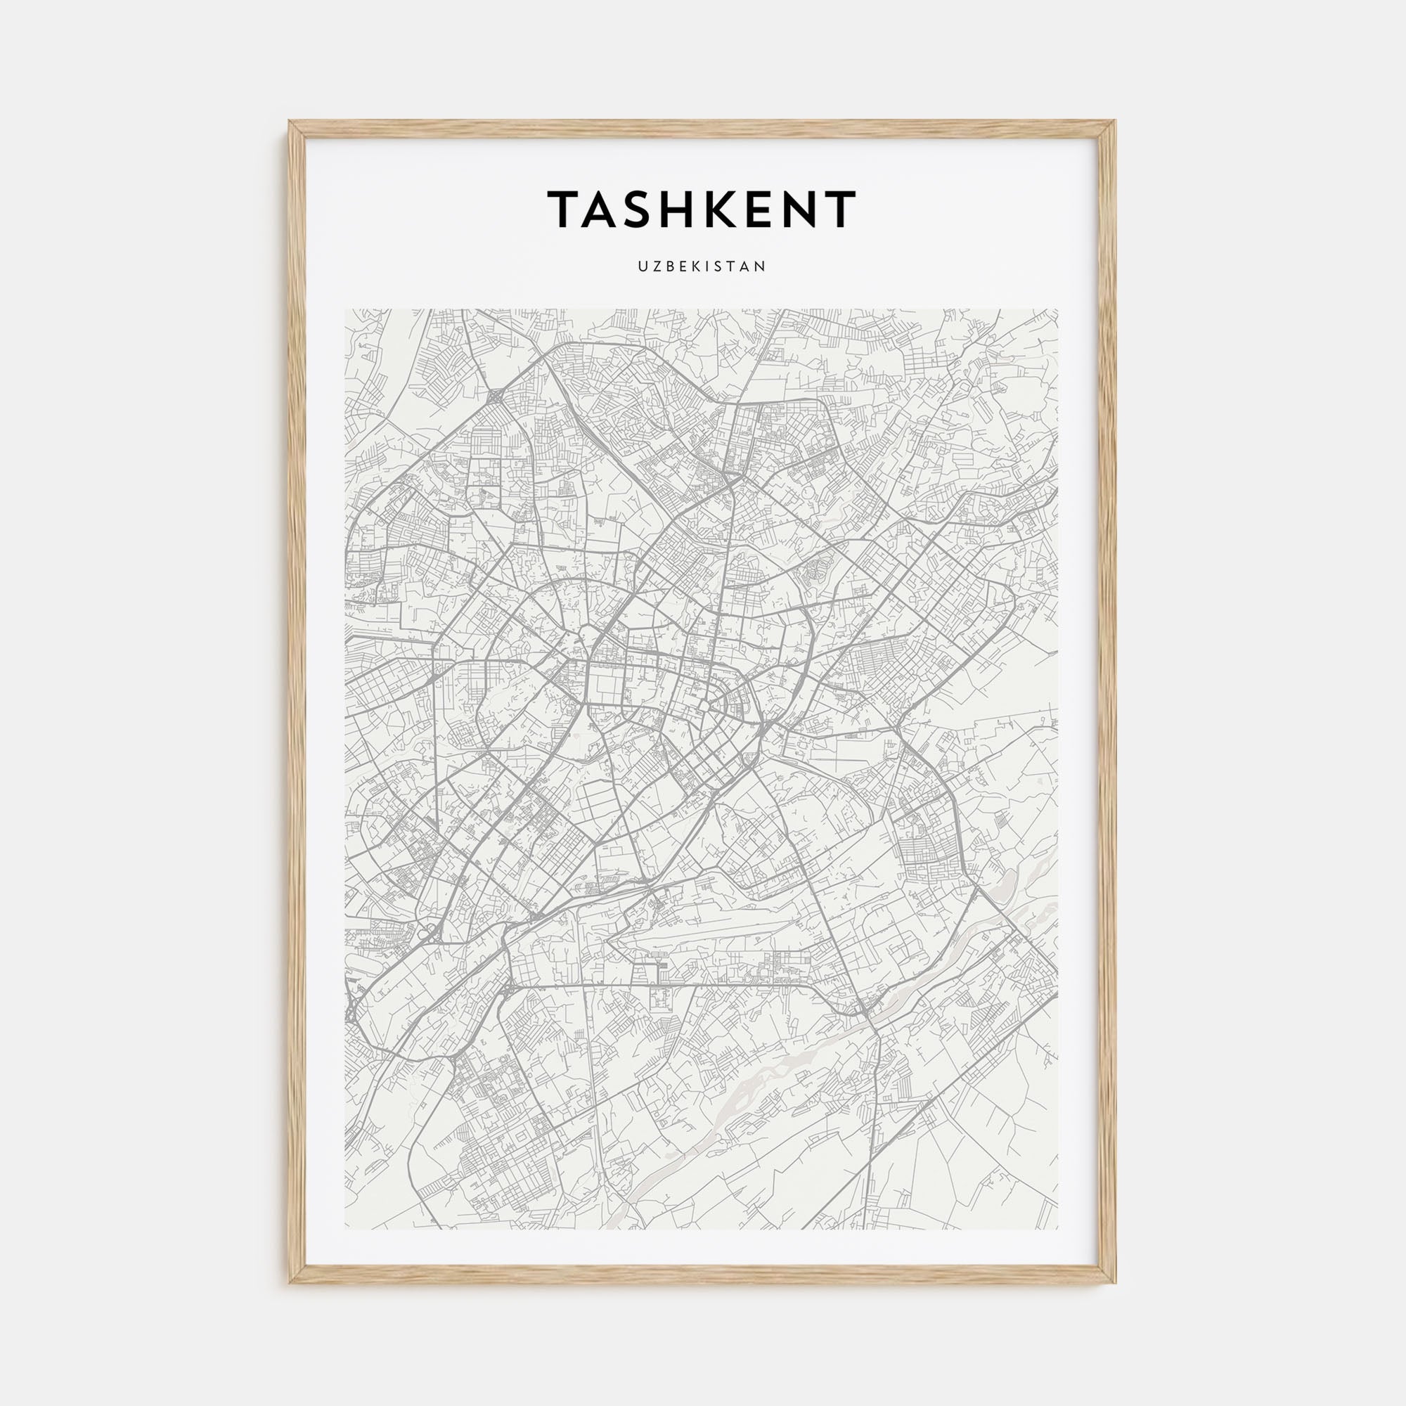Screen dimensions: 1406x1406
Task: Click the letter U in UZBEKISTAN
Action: (x=643, y=267)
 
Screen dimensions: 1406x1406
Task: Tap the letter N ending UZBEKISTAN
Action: (x=761, y=267)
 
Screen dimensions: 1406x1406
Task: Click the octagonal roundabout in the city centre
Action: (x=704, y=705)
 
